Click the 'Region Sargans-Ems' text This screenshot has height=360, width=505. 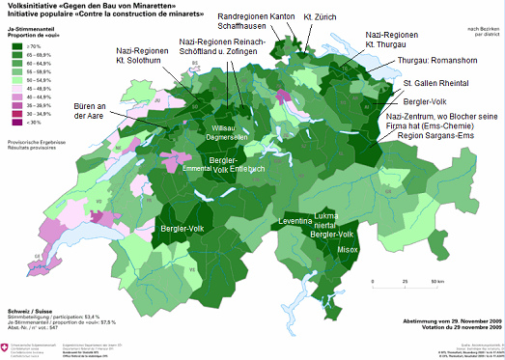point(430,136)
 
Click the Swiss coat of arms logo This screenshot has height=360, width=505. point(11,345)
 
